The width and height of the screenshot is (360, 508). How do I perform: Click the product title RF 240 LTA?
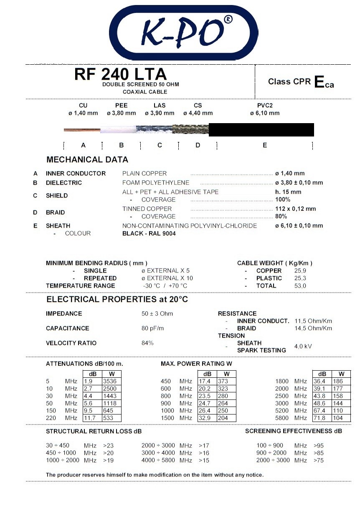(x=120, y=74)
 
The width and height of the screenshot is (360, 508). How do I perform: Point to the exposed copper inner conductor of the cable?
(x=82, y=130)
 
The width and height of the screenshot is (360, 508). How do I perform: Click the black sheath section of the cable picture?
(x=261, y=129)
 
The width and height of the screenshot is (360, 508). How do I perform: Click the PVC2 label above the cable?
(x=265, y=106)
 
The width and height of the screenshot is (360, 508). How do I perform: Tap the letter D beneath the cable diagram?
(x=198, y=145)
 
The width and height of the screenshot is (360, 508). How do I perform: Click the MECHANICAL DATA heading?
(x=87, y=159)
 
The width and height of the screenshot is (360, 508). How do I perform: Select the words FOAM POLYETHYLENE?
(x=155, y=182)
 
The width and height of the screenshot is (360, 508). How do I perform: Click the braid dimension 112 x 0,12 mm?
(x=295, y=209)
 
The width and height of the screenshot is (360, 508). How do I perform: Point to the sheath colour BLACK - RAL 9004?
(x=149, y=233)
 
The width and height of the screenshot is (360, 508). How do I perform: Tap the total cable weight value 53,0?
(x=300, y=286)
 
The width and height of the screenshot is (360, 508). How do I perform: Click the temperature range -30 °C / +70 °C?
(x=165, y=286)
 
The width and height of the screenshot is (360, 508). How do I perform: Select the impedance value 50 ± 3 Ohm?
(x=157, y=313)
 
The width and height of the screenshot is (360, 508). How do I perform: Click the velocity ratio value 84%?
(x=147, y=343)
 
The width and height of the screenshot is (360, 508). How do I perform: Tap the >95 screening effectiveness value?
(x=318, y=445)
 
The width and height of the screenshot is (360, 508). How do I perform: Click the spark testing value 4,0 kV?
(x=303, y=346)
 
